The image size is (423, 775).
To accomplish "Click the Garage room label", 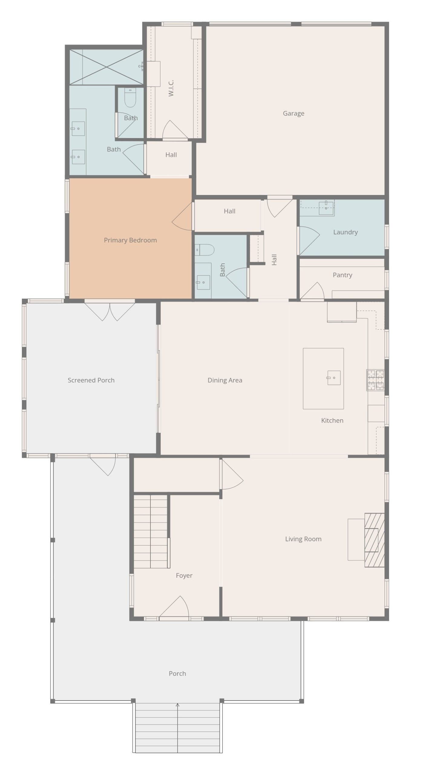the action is click(293, 114).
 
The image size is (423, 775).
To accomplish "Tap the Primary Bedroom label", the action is click(130, 240).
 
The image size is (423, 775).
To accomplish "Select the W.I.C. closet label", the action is click(171, 88).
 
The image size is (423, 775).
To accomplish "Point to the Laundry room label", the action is click(346, 232).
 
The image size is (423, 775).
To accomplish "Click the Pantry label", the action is click(343, 275).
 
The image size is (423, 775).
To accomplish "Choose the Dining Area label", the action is click(225, 381).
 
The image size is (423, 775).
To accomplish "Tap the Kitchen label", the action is click(332, 420).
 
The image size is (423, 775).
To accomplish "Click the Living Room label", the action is click(303, 539).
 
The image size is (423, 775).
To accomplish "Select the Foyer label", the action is click(184, 575).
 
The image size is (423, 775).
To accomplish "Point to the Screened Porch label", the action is click(91, 380).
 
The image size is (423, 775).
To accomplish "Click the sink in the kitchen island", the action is click(333, 378).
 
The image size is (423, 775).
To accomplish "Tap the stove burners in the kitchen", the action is click(375, 380).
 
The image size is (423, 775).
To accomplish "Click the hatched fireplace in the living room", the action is click(374, 540).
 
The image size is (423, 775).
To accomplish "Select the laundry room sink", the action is click(326, 208).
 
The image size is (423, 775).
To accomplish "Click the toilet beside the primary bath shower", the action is click(130, 97).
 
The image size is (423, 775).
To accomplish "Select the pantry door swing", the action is click(313, 291).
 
